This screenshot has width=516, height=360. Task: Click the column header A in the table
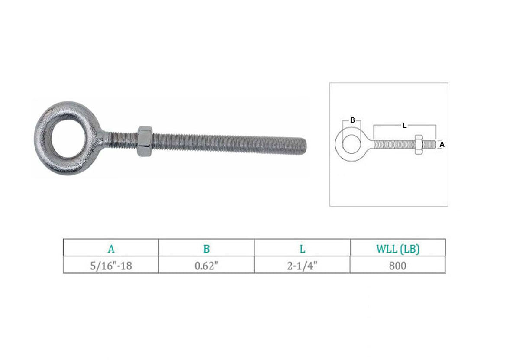[111, 249]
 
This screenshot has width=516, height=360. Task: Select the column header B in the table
[206, 249]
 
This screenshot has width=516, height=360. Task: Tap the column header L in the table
[302, 249]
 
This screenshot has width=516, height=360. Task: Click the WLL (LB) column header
[398, 249]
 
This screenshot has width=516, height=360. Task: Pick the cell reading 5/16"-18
[111, 266]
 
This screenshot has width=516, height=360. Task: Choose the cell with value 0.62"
[206, 266]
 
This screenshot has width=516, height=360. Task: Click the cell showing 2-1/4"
[302, 266]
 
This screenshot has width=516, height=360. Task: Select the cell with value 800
[397, 266]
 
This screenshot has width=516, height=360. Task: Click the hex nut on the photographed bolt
[144, 141]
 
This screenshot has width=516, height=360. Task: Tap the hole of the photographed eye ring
[68, 136]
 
